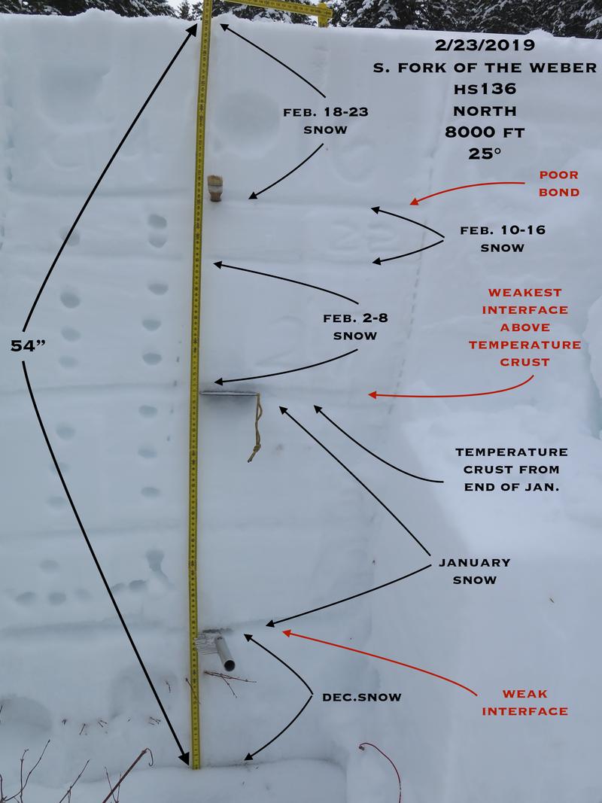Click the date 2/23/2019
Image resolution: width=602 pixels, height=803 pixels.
pyautogui.click(x=485, y=45)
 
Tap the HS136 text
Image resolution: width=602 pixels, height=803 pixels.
pyautogui.click(x=485, y=89)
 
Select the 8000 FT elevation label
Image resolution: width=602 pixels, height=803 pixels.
pyautogui.click(x=485, y=132)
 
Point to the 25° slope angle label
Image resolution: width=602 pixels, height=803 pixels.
pyautogui.click(x=484, y=154)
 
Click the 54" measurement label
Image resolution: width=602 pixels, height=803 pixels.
pyautogui.click(x=28, y=346)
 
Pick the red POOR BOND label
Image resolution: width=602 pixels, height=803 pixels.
pyautogui.click(x=559, y=184)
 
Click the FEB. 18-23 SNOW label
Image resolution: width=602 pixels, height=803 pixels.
pyautogui.click(x=326, y=121)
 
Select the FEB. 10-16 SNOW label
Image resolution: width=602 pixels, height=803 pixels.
pyautogui.click(x=503, y=239)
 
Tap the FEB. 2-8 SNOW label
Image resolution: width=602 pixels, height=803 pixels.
pyautogui.click(x=355, y=327)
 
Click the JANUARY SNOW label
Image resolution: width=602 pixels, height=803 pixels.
pyautogui.click(x=475, y=571)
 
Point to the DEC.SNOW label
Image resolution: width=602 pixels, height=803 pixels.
pyautogui.click(x=362, y=698)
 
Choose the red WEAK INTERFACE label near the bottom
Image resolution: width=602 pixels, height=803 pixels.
pyautogui.click(x=524, y=703)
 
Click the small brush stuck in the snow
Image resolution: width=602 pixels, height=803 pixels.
pyautogui.click(x=215, y=188)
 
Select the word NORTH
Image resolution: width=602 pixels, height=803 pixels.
pyautogui.click(x=485, y=111)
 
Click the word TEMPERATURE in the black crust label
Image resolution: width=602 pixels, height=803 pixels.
pyautogui.click(x=512, y=452)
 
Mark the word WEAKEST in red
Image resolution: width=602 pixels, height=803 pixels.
pyautogui.click(x=524, y=293)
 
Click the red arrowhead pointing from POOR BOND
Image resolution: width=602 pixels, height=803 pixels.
pyautogui.click(x=415, y=201)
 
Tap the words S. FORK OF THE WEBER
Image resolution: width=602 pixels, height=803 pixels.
pyautogui.click(x=485, y=68)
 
